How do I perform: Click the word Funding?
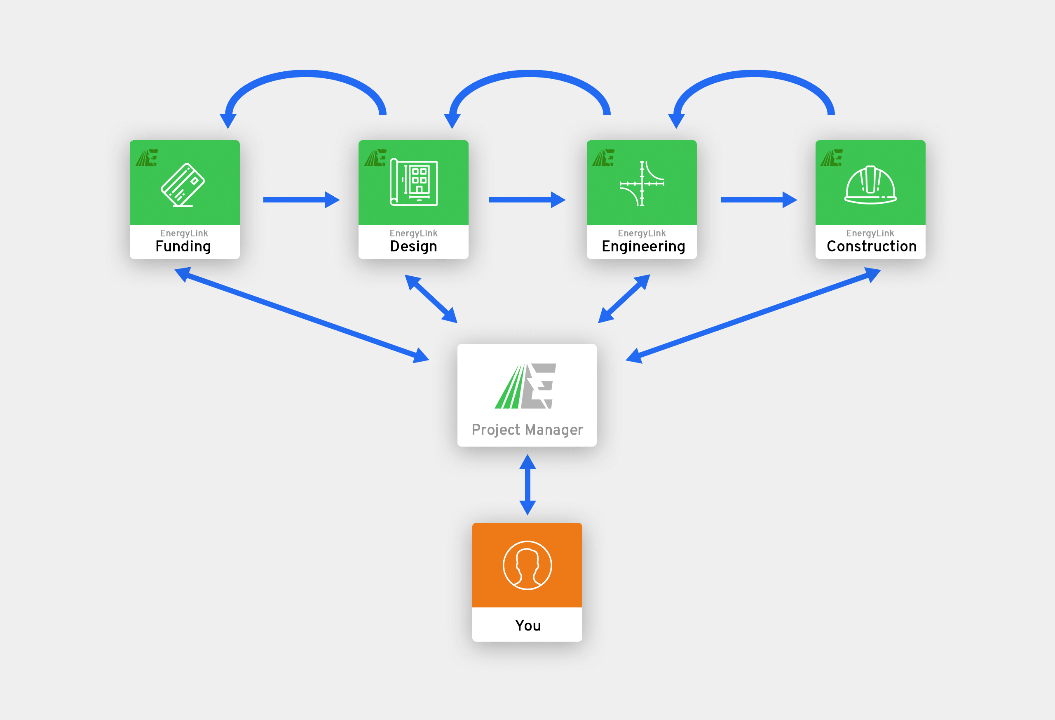pyautogui.click(x=183, y=246)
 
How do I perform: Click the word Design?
pyautogui.click(x=413, y=246)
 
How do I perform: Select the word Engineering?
pyautogui.click(x=643, y=246)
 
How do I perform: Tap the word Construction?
pyautogui.click(x=871, y=246)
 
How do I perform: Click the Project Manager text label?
pyautogui.click(x=527, y=430)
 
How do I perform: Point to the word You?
pyautogui.click(x=527, y=626)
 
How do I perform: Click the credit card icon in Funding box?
pyautogui.click(x=183, y=185)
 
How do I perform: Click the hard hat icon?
pyautogui.click(x=870, y=185)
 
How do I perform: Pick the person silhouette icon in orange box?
pyautogui.click(x=527, y=565)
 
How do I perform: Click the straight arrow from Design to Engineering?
pyautogui.click(x=527, y=200)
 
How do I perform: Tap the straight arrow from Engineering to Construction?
pyautogui.click(x=758, y=200)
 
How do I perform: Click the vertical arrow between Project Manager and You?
pyautogui.click(x=527, y=485)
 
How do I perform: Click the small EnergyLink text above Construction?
pyautogui.click(x=870, y=233)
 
